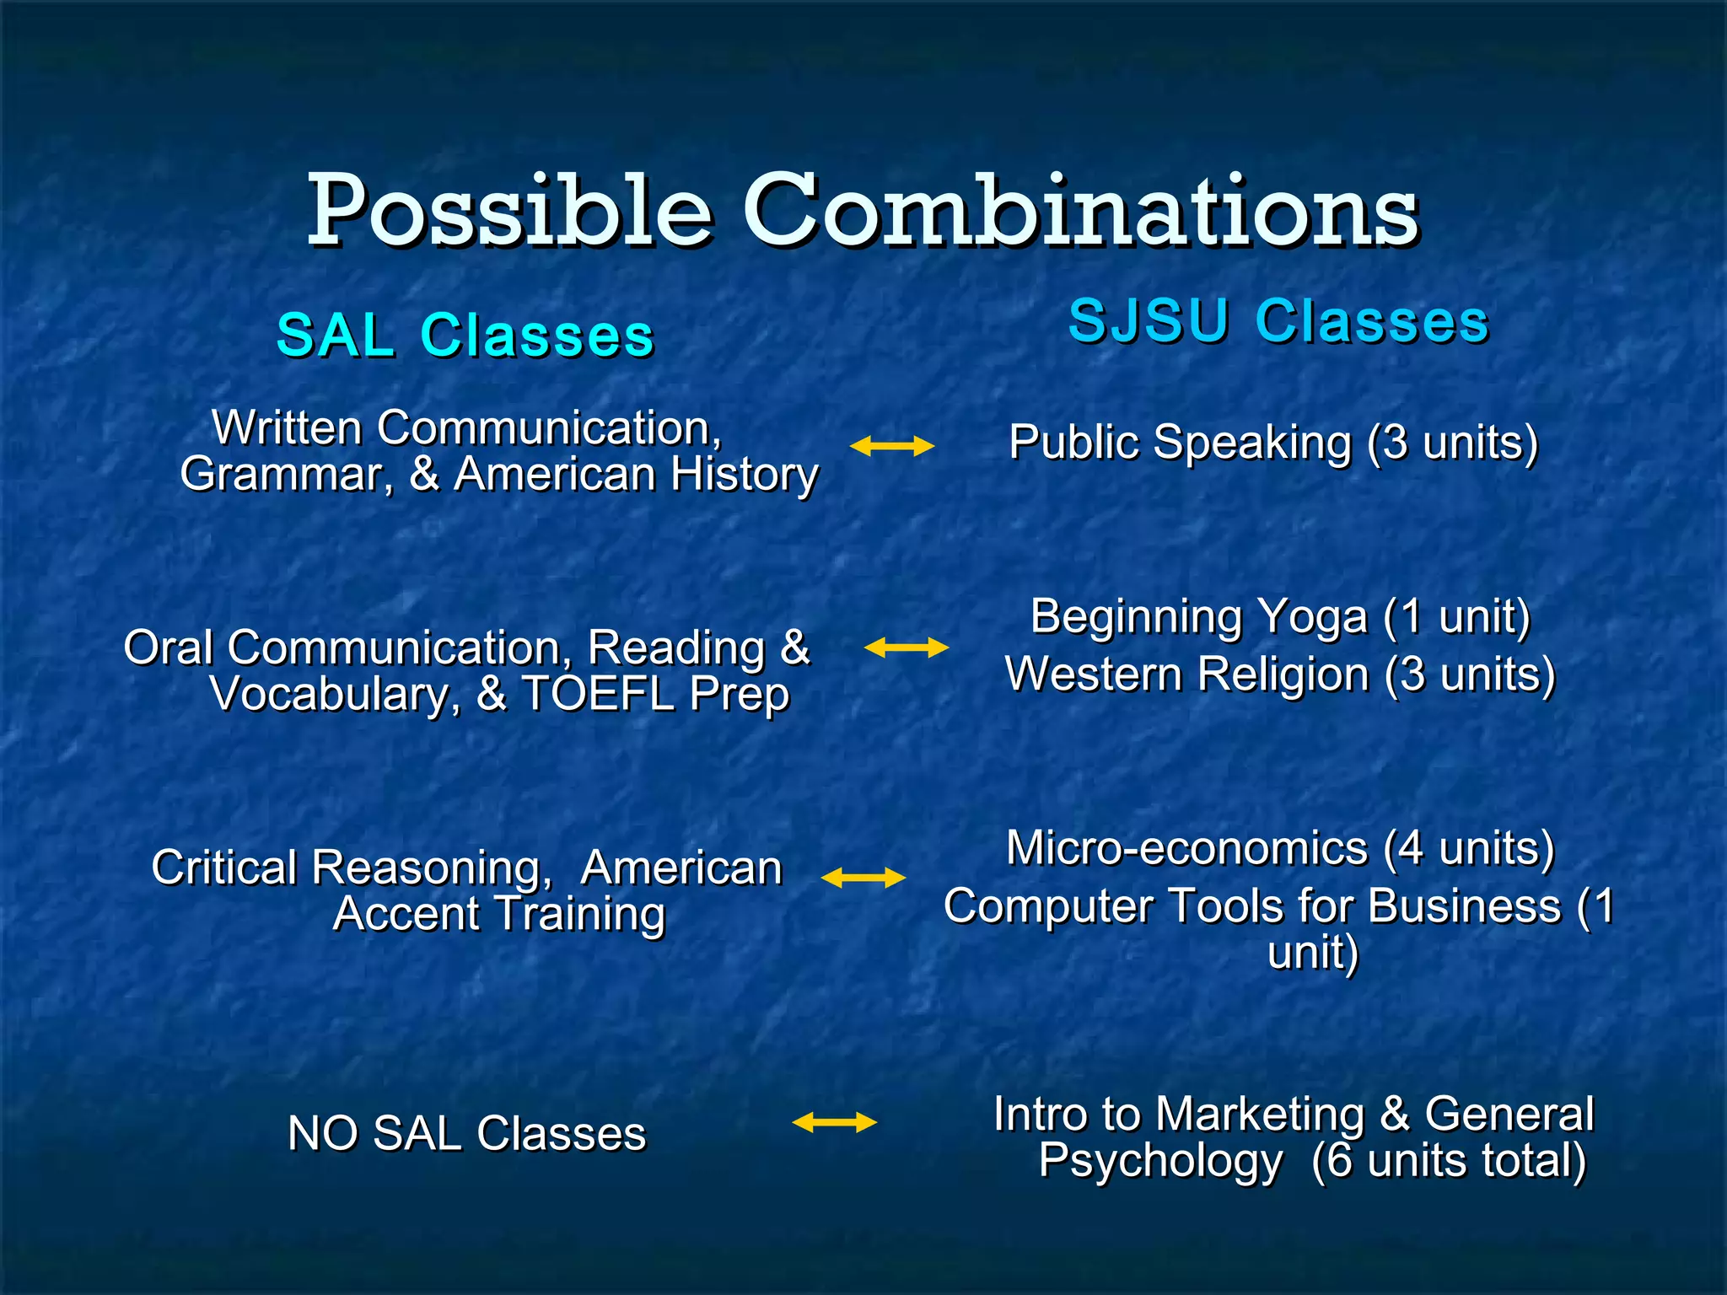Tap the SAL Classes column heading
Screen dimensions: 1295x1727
[x=465, y=336]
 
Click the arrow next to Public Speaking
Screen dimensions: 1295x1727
[x=891, y=446]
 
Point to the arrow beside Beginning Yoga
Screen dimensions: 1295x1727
[x=907, y=647]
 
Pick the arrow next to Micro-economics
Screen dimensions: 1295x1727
[x=863, y=879]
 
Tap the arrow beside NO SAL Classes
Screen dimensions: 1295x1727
[x=834, y=1122]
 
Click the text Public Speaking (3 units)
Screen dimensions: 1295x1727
[x=1273, y=443]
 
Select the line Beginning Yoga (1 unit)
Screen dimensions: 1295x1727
[x=1280, y=617]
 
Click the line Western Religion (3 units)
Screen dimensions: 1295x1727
[x=1280, y=675]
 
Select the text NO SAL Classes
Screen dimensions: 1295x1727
[x=466, y=1133]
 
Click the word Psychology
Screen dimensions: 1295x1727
[x=1160, y=1161]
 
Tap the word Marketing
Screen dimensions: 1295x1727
[x=1259, y=1115]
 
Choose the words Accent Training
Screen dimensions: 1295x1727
[x=499, y=914]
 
